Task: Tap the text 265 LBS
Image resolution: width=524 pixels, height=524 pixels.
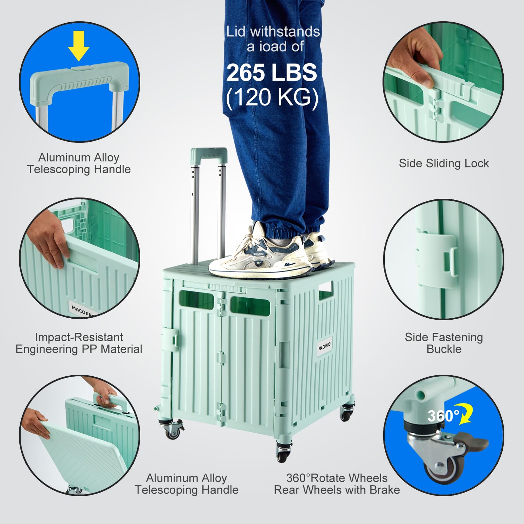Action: (271, 72)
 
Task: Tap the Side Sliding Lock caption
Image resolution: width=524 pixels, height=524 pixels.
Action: (443, 163)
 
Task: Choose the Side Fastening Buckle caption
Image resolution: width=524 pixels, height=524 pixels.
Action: (443, 343)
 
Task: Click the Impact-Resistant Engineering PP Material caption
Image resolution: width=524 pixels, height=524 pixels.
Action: (79, 343)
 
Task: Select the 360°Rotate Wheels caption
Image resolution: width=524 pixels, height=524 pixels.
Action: (337, 478)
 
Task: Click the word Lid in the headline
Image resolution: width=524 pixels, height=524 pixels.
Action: (235, 32)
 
